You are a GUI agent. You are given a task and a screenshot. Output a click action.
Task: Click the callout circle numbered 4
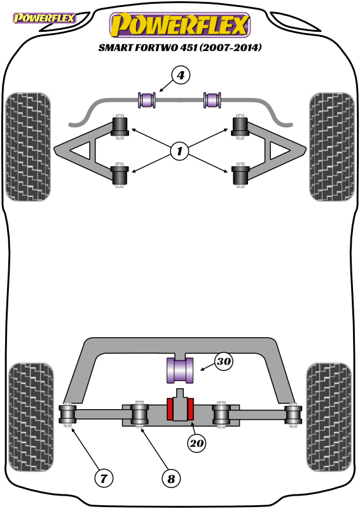[181, 75]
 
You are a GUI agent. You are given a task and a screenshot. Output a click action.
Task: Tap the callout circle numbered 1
[179, 151]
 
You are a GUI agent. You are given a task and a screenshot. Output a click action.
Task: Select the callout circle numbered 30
[224, 361]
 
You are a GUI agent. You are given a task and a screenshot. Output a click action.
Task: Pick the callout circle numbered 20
[197, 443]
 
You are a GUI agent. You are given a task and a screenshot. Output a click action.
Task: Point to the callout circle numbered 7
[104, 478]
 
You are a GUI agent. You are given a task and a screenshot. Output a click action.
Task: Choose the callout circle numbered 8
[171, 478]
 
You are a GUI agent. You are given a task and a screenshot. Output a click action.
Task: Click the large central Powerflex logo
[180, 25]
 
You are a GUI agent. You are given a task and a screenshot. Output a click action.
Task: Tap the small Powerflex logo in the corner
[44, 18]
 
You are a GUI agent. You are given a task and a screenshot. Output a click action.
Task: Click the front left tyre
[28, 147]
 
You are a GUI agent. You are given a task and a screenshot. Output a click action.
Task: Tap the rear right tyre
[329, 417]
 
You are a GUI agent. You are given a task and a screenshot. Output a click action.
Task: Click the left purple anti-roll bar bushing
[147, 100]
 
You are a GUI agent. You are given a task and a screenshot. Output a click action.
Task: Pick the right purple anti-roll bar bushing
[212, 100]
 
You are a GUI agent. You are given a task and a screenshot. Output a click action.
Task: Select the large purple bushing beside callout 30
[180, 370]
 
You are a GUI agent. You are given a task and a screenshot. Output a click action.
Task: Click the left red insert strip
[169, 409]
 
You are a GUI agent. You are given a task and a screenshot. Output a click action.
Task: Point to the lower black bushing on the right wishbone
[240, 174]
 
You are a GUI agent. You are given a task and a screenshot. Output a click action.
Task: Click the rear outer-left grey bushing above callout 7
[67, 415]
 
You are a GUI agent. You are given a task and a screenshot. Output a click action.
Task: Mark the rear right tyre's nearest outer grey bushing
[293, 415]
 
